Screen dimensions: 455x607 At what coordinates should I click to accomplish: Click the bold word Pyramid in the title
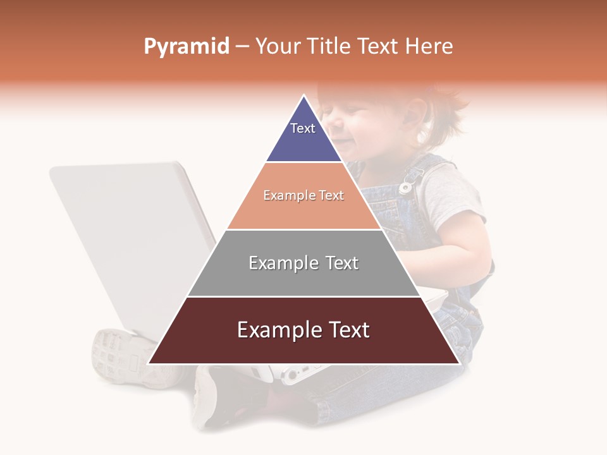click(187, 47)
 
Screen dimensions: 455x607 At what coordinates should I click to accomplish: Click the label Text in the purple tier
click(303, 128)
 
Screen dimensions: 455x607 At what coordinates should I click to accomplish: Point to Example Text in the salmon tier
click(303, 196)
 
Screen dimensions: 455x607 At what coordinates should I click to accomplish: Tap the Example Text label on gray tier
click(303, 263)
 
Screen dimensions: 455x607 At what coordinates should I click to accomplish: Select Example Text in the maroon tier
click(303, 330)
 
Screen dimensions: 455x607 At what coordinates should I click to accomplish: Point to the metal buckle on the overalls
click(407, 186)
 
